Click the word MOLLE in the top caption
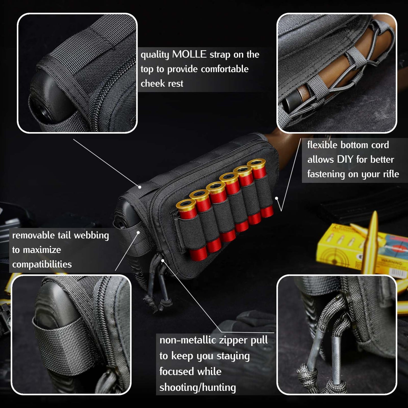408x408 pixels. (x=189, y=54)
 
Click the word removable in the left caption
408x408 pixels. (x=33, y=235)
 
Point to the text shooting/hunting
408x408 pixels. (x=197, y=387)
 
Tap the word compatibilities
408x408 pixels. (x=42, y=265)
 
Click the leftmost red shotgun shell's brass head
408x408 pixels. (x=186, y=204)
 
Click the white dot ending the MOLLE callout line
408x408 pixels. (x=140, y=187)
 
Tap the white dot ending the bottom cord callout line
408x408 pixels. (x=277, y=198)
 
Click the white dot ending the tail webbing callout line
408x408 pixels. (x=138, y=232)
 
